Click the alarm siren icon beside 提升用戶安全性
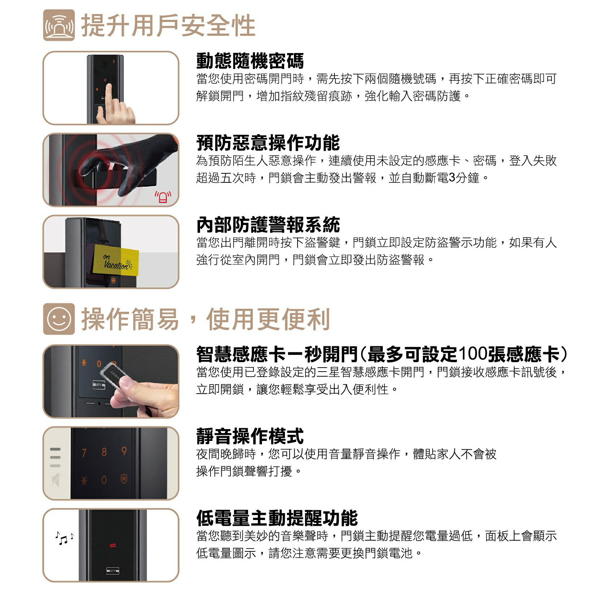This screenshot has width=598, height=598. tap(59, 25)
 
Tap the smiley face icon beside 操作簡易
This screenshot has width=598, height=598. tap(59, 319)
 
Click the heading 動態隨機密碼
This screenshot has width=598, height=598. tap(250, 61)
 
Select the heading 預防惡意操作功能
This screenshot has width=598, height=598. tap(268, 143)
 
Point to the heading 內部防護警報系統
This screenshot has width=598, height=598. tap(268, 225)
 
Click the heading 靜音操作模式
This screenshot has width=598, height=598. tap(250, 436)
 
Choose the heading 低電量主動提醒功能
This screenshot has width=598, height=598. tap(277, 518)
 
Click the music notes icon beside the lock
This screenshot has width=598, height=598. tap(64, 538)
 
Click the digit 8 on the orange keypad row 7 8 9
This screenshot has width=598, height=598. tap(104, 452)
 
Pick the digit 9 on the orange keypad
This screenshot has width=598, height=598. tap(124, 451)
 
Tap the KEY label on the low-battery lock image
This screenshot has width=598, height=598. tap(113, 571)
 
